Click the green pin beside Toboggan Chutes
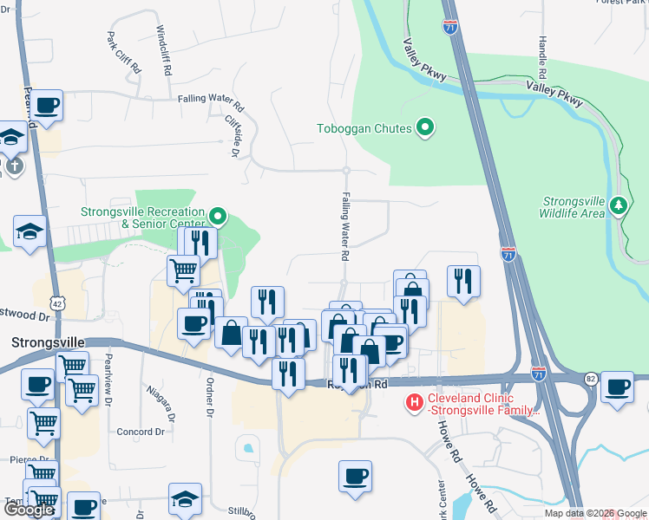click(424, 128)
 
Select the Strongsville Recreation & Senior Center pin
click(218, 215)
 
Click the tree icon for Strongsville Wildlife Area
click(618, 205)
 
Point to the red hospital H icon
click(415, 402)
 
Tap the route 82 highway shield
click(591, 379)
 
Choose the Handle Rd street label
click(542, 54)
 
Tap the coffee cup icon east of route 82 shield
click(618, 387)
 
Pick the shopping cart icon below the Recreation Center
click(184, 270)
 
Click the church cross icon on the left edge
click(13, 164)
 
